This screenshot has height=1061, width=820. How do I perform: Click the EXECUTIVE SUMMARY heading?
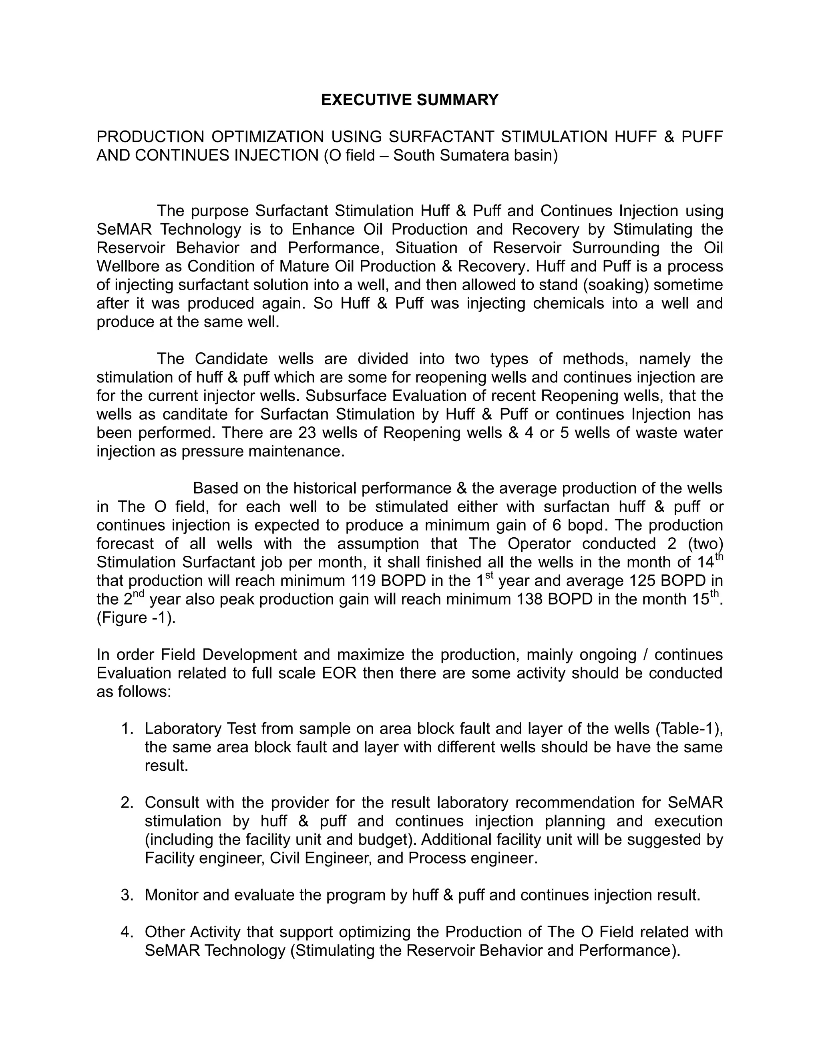[x=410, y=100]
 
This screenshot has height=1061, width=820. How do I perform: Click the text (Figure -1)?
[x=136, y=617]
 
